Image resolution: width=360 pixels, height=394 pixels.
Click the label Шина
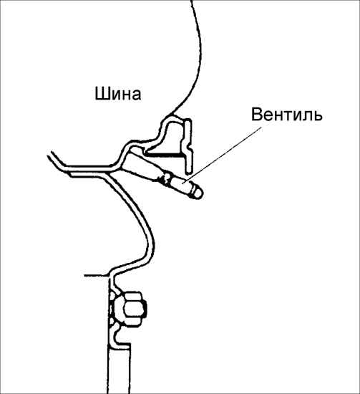(x=118, y=95)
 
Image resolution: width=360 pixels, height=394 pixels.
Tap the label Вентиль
(x=287, y=115)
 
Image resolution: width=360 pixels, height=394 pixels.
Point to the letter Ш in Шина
(x=101, y=94)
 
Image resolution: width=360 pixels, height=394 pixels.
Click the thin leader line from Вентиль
(x=224, y=154)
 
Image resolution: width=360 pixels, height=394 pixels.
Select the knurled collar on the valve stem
(x=165, y=178)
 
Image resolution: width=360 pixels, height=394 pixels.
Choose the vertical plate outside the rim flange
(x=189, y=145)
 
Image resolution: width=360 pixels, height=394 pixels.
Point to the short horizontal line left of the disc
(x=97, y=275)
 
